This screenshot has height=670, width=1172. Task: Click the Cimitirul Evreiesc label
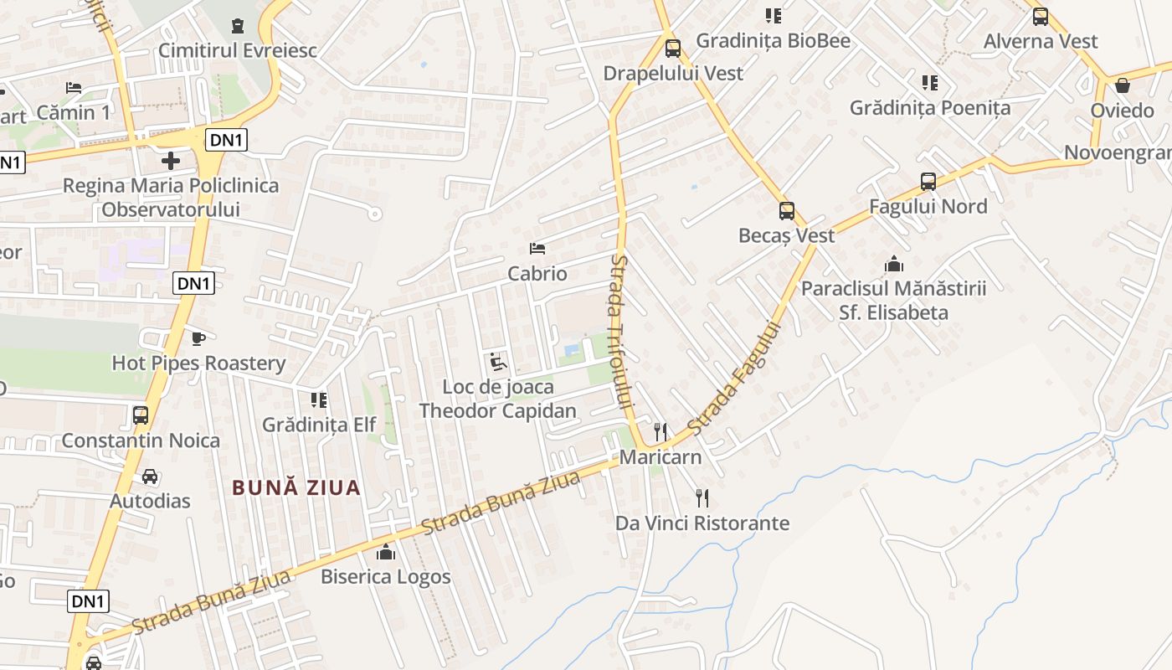tap(238, 50)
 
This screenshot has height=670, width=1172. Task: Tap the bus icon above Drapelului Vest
tap(672, 49)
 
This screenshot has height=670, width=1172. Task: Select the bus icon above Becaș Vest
tap(786, 211)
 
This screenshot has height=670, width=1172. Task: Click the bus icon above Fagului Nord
tap(928, 182)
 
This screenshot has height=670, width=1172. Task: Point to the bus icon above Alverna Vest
tap(1040, 17)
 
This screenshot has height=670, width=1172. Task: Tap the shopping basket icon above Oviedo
tap(1122, 86)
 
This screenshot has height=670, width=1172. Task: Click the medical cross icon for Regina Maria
tap(171, 161)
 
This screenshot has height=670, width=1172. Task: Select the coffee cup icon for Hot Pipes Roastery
tap(198, 339)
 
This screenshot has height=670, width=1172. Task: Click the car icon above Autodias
tap(150, 477)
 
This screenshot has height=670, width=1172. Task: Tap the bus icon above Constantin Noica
tap(141, 415)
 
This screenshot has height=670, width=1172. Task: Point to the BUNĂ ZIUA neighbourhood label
tap(296, 487)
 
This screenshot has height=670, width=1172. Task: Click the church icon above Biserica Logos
tap(386, 553)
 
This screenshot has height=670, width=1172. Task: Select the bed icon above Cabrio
tap(537, 249)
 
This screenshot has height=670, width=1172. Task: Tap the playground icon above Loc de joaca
tap(497, 362)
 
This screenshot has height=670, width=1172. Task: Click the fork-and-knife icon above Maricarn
tap(661, 432)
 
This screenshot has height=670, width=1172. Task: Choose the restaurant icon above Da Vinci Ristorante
tap(702, 498)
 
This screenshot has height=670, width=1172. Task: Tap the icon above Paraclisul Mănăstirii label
tap(894, 265)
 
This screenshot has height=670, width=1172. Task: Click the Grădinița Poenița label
tap(929, 108)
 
